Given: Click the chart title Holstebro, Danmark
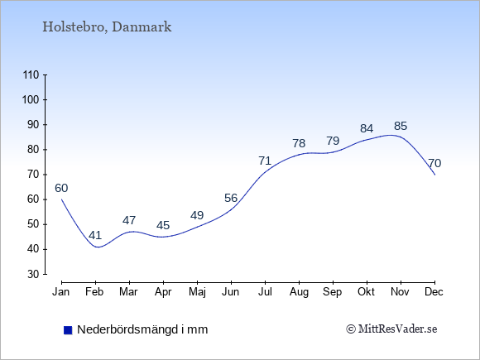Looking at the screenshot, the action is pos(107,27).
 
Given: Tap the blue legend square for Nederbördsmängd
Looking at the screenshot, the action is pos(68,330).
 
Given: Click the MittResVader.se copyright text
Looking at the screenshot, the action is pos(391,329).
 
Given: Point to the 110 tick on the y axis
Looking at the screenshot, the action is pos(31,74).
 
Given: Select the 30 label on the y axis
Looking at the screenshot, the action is pos(33,274).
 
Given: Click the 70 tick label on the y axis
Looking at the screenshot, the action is pos(33,175).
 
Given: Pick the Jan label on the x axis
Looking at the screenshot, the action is pos(61,292).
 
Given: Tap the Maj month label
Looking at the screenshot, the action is pos(197,292).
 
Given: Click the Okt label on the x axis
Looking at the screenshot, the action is pos(366,292).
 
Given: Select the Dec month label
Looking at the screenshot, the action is pos(434,292).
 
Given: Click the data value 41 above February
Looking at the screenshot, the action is pos(95,235).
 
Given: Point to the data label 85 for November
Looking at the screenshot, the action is pos(401,126).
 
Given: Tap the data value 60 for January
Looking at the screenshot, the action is pos(61,188).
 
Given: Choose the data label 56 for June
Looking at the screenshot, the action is pos(231,198).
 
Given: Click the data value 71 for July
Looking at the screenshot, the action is pos(265,161).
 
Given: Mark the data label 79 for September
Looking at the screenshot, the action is pos(333,141).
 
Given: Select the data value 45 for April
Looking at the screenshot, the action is pos(163,225).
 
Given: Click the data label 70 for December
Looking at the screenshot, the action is pos(434,163).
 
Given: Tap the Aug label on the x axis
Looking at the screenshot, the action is pos(299,292).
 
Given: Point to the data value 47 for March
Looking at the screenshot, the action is pos(129,220).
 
